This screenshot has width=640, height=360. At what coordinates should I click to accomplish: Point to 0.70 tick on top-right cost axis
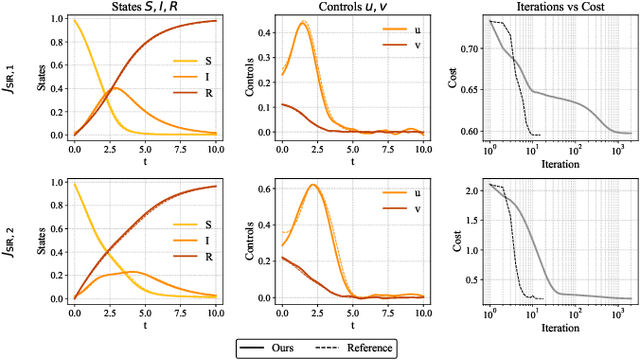point(467,47)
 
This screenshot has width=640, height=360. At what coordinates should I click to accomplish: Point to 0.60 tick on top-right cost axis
point(467,131)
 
